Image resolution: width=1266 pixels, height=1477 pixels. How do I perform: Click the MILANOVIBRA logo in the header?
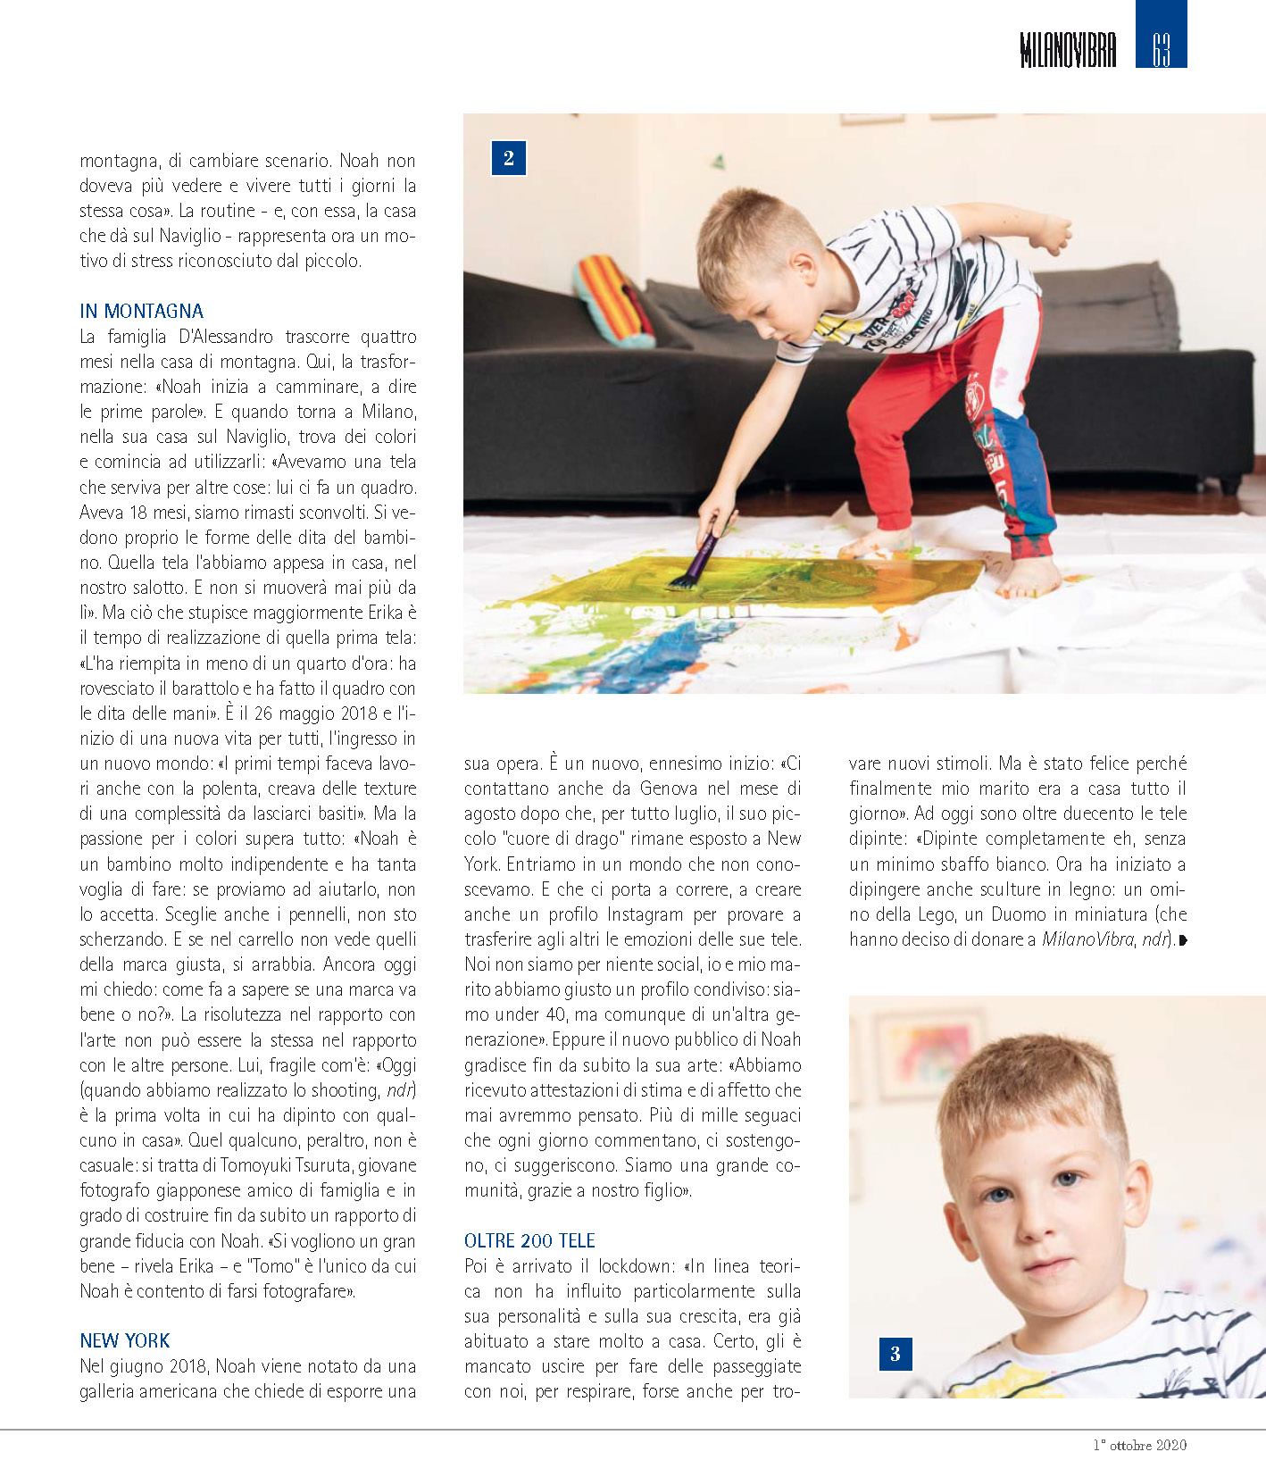pyautogui.click(x=1067, y=50)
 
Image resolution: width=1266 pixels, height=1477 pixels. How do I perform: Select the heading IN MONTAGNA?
pyautogui.click(x=141, y=311)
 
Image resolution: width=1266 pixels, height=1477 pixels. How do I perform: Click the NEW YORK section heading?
pyautogui.click(x=124, y=1340)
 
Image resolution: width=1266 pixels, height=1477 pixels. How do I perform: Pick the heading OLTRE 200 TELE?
pyautogui.click(x=529, y=1240)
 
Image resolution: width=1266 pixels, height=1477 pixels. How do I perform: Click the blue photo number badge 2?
pyautogui.click(x=509, y=159)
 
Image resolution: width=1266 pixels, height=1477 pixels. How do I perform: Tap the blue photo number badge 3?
pyautogui.click(x=895, y=1354)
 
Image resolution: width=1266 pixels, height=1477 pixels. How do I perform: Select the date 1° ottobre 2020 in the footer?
pyautogui.click(x=1140, y=1445)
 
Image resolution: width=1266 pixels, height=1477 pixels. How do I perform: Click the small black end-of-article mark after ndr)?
pyautogui.click(x=1183, y=940)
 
